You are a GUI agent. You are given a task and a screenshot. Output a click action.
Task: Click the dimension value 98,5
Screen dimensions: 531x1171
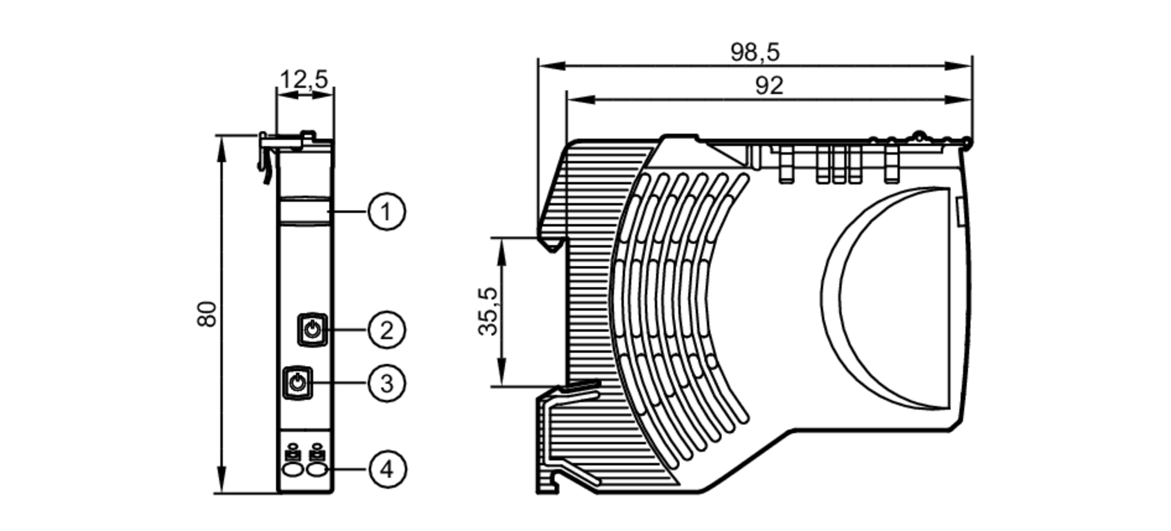[x=755, y=53]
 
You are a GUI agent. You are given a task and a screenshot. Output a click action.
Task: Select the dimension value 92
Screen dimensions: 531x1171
[x=769, y=86]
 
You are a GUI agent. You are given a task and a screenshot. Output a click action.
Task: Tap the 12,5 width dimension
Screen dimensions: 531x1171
[x=304, y=79]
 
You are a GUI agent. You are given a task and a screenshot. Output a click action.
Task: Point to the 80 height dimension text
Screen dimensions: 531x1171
[x=207, y=314]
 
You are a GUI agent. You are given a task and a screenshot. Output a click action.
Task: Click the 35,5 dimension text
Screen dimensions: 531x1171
[x=488, y=311]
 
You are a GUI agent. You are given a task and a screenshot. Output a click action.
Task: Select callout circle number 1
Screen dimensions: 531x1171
[x=386, y=211]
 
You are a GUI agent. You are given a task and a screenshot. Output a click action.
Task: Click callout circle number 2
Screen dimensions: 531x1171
[x=386, y=330]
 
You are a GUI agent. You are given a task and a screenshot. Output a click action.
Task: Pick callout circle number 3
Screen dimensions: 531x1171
[x=386, y=384]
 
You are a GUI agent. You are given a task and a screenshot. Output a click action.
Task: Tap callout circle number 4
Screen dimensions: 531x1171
[x=386, y=470]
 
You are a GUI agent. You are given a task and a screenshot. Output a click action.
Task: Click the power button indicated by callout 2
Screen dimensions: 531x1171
[x=313, y=330]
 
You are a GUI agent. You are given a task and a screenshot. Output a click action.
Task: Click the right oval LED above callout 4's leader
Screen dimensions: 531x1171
[x=317, y=470]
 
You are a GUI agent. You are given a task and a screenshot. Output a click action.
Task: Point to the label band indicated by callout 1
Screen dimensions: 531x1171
[x=304, y=211]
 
